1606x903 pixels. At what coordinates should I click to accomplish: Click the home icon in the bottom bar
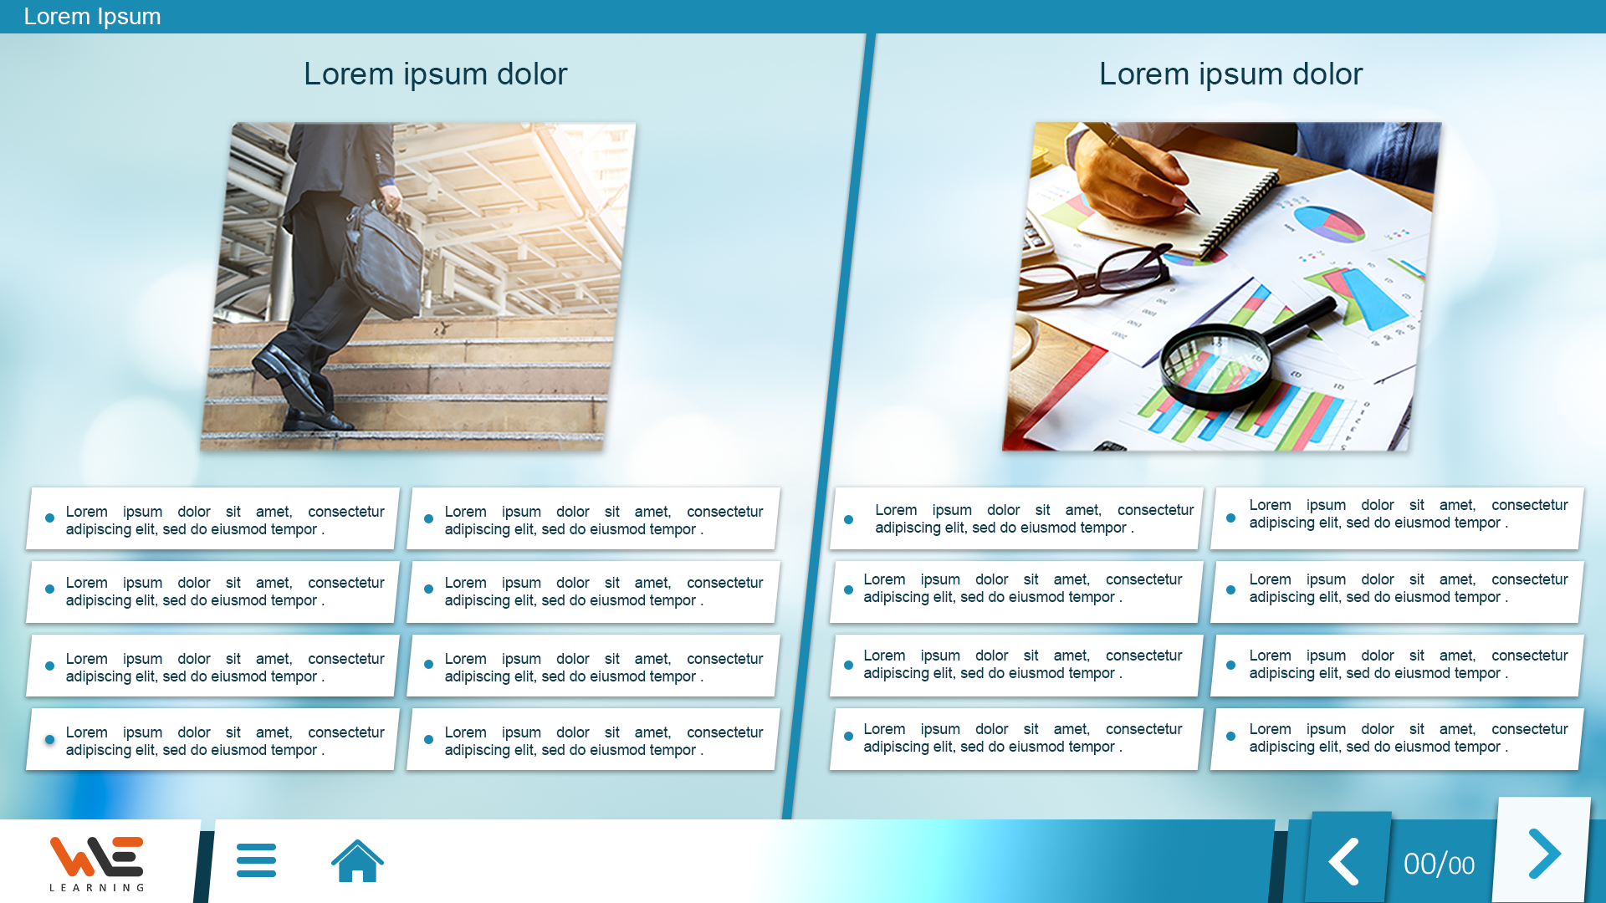(357, 860)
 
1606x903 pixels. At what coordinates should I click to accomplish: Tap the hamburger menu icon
(256, 860)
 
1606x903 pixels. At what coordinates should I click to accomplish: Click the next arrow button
(1544, 854)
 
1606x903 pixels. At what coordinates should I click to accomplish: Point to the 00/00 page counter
(1439, 864)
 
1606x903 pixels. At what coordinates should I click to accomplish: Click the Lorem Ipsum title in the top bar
(92, 16)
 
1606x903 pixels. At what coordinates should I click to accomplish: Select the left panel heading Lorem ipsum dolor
(435, 74)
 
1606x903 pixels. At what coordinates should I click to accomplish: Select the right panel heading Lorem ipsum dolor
(1230, 74)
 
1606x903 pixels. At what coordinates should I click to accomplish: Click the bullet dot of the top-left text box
(50, 518)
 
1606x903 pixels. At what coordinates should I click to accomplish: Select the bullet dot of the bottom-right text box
(1230, 737)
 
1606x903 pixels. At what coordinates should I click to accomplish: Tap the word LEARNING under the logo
(97, 887)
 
